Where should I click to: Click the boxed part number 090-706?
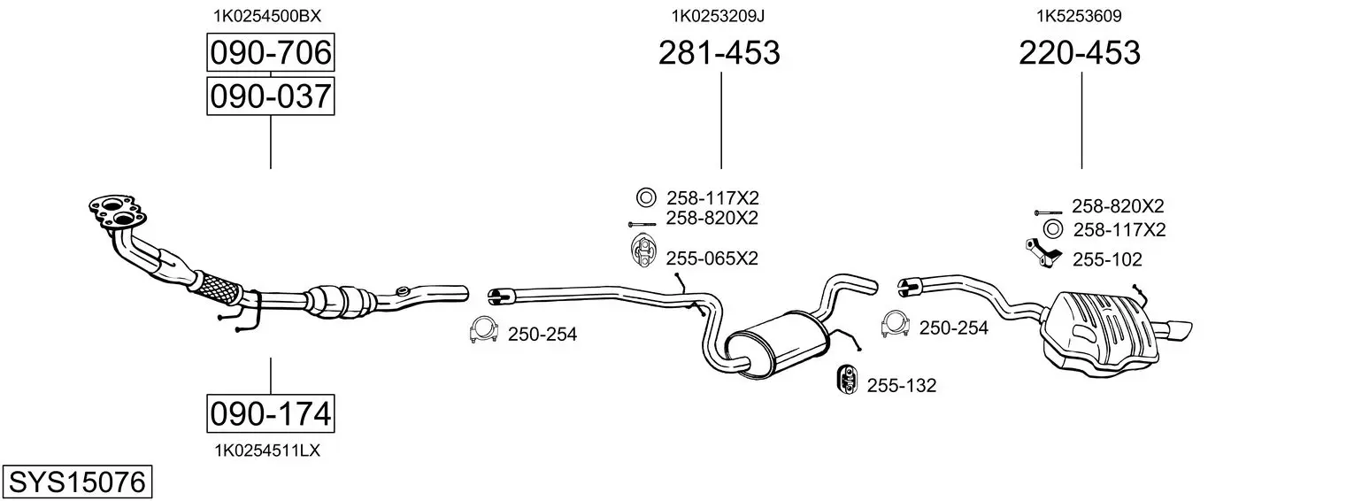(x=270, y=52)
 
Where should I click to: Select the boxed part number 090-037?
(x=270, y=96)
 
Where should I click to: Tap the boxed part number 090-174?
(x=270, y=414)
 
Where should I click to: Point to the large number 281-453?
(x=719, y=52)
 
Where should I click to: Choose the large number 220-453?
(x=1080, y=52)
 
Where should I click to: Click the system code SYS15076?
(x=77, y=482)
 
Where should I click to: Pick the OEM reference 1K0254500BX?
(x=267, y=16)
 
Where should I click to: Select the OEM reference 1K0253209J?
(x=718, y=16)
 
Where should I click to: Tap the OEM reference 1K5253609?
(x=1079, y=16)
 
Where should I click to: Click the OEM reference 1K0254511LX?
(x=267, y=451)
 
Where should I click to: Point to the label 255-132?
(x=901, y=386)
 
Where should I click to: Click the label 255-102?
(x=1107, y=260)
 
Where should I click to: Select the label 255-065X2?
(x=712, y=258)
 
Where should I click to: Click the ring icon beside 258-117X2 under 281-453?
(x=645, y=197)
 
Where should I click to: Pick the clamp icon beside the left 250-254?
(x=483, y=330)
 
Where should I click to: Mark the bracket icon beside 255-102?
(x=1042, y=254)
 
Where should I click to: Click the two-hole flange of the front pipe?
(x=117, y=212)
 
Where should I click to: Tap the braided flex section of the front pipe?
(x=217, y=289)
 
